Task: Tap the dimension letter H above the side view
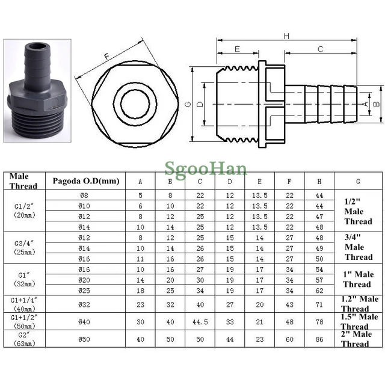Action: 287,36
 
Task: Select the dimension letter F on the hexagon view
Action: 107,57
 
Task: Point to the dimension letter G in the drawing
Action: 189,104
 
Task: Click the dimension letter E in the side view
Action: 237,49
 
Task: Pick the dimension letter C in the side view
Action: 321,49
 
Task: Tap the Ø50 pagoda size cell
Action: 85,339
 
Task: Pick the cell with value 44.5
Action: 200,322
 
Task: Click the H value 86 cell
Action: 319,339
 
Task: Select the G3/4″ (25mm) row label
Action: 23,247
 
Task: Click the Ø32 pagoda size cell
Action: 85,304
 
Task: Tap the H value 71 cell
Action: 319,304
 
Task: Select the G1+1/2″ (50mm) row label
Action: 23,321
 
